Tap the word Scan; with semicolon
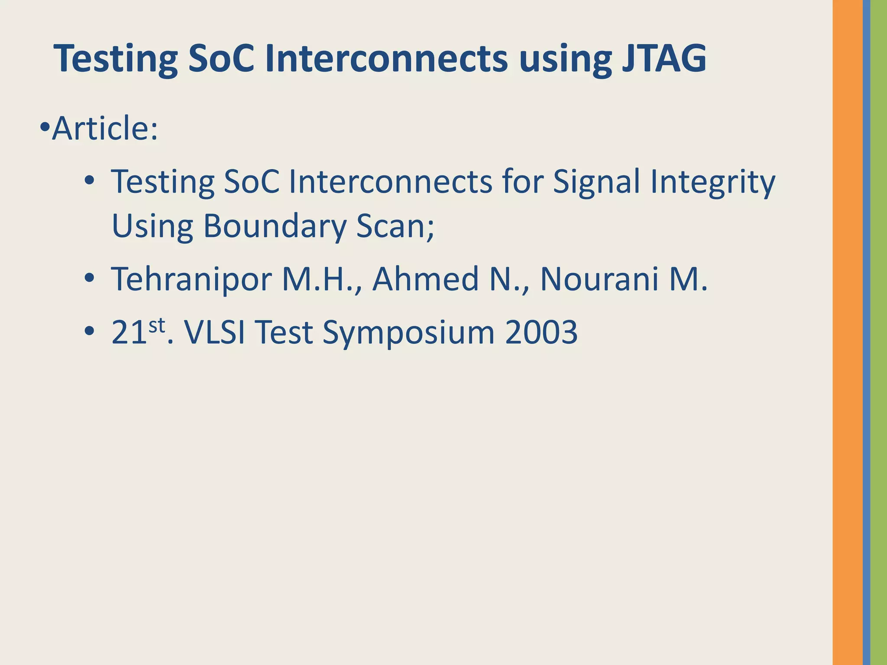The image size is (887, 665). [395, 226]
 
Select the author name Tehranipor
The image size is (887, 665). [191, 280]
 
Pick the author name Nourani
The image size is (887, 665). [599, 279]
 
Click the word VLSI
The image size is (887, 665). [214, 332]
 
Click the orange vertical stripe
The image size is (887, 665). [847, 332]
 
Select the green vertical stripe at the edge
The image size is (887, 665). [879, 332]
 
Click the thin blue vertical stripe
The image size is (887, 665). [866, 332]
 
